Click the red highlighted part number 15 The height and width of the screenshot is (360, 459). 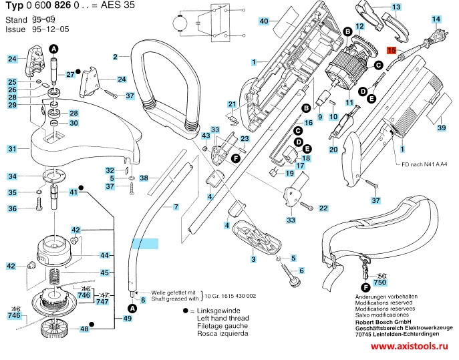click(x=392, y=50)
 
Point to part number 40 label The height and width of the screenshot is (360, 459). click(x=264, y=21)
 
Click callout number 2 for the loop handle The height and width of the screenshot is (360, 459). click(x=116, y=57)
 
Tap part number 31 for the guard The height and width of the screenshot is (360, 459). click(x=12, y=148)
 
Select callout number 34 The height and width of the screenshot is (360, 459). click(x=12, y=176)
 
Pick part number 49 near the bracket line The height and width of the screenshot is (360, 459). click(x=128, y=319)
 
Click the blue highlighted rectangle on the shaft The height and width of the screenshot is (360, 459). click(x=145, y=244)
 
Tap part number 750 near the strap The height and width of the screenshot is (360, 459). click(x=380, y=283)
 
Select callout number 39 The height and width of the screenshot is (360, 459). click(x=441, y=127)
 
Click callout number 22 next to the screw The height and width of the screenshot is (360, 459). click(x=323, y=208)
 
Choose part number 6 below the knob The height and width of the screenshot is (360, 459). click(x=301, y=271)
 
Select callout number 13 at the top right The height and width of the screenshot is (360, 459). click(x=396, y=7)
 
